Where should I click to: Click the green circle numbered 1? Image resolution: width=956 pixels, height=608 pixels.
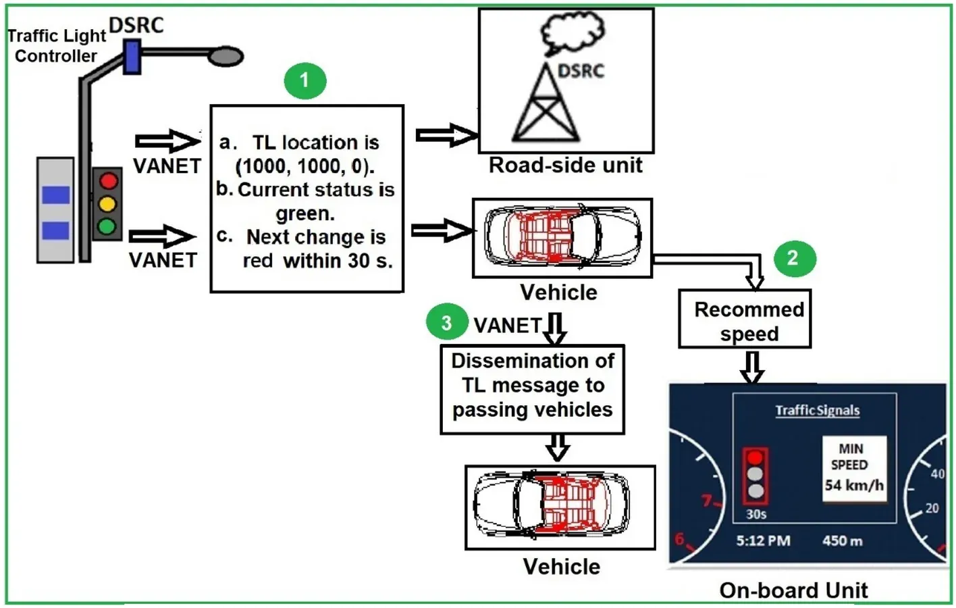click(x=304, y=81)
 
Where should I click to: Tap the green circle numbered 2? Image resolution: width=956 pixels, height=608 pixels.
click(x=794, y=258)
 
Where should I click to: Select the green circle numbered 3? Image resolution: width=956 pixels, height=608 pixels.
click(x=447, y=323)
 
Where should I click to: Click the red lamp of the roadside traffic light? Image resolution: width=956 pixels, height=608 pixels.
click(x=108, y=180)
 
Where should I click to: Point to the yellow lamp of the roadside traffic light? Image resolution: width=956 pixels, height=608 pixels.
click(x=107, y=203)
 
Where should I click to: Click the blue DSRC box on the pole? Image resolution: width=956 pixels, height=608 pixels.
click(x=132, y=57)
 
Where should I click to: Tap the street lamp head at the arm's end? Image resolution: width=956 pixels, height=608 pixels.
click(x=225, y=56)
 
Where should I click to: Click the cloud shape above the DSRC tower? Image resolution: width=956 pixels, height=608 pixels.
click(x=573, y=32)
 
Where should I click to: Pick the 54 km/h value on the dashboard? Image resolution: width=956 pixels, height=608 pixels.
click(x=853, y=485)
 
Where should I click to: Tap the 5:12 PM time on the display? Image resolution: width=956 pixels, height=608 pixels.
click(x=763, y=541)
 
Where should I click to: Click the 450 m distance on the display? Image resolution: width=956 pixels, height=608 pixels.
click(x=842, y=541)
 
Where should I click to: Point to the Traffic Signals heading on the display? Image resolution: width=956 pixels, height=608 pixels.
click(x=817, y=410)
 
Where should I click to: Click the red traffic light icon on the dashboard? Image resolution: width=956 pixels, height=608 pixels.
click(x=755, y=475)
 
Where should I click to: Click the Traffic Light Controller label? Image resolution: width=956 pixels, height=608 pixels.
click(x=56, y=45)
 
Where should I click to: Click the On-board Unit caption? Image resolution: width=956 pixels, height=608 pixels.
click(x=793, y=590)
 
